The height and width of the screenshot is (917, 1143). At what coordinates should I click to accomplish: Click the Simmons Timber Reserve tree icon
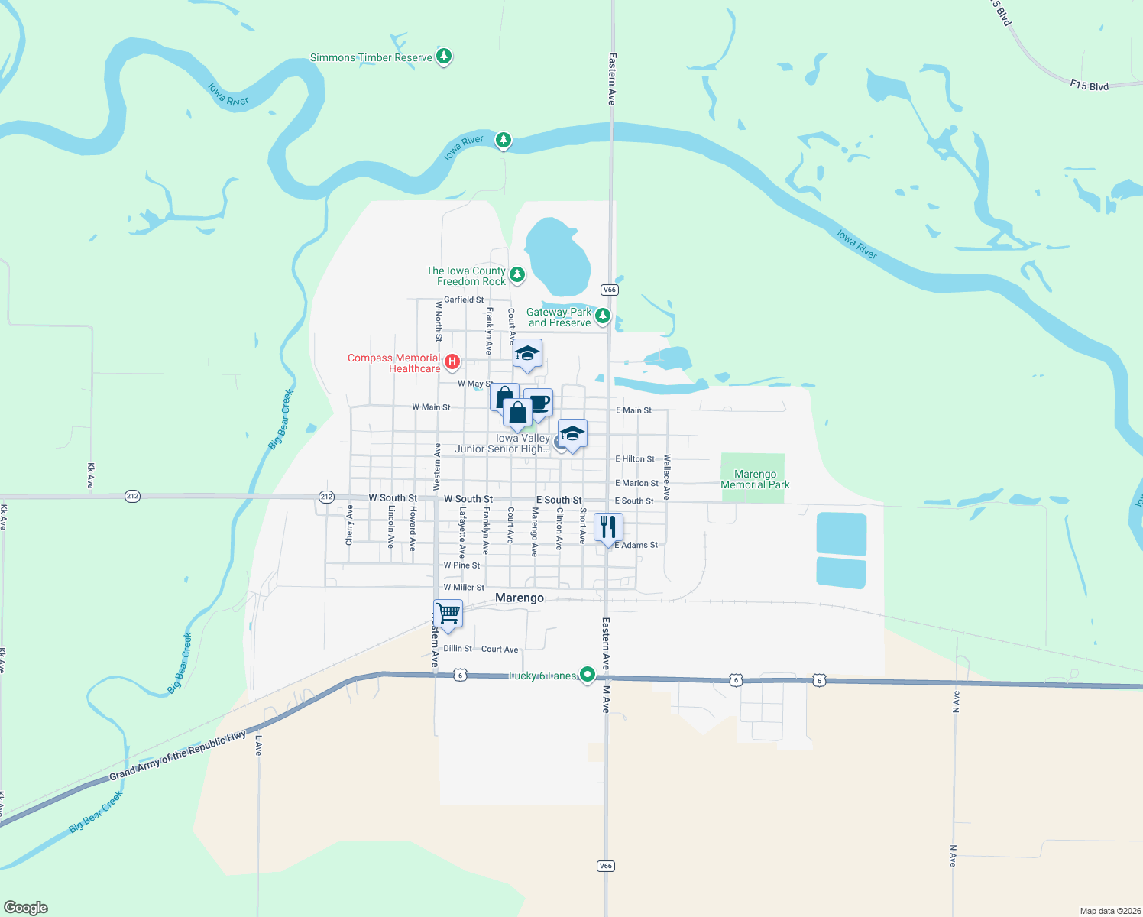pyautogui.click(x=444, y=57)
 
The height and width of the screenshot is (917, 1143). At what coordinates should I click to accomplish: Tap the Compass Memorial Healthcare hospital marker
pyautogui.click(x=452, y=361)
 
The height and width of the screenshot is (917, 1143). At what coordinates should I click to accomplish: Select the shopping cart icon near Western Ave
pyautogui.click(x=448, y=613)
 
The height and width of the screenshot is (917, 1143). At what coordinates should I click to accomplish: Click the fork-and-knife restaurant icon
pyautogui.click(x=608, y=527)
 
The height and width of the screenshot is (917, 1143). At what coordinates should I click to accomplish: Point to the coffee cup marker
pyautogui.click(x=539, y=402)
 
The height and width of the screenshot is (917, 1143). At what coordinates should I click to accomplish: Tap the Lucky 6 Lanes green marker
pyautogui.click(x=587, y=675)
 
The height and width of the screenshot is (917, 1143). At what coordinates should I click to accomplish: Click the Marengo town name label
pyautogui.click(x=520, y=598)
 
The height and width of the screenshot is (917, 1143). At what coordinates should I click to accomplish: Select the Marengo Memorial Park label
pyautogui.click(x=755, y=480)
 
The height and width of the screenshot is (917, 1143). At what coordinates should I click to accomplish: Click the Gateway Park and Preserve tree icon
pyautogui.click(x=603, y=315)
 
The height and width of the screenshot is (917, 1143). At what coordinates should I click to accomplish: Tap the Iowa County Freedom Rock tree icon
pyautogui.click(x=517, y=274)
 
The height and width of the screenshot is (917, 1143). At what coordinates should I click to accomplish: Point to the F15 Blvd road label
pyautogui.click(x=1089, y=86)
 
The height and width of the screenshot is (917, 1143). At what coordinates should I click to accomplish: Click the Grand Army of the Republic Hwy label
pyautogui.click(x=177, y=756)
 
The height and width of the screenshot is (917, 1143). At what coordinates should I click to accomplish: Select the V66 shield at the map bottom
pyautogui.click(x=605, y=866)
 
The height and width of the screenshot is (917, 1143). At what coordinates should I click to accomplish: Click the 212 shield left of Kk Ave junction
pyautogui.click(x=132, y=496)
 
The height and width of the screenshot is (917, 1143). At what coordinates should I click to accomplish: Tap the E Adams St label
pyautogui.click(x=636, y=545)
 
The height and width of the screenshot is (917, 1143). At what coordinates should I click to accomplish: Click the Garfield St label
pyautogui.click(x=464, y=300)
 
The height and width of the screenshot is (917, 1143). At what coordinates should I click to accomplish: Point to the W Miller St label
pyautogui.click(x=464, y=587)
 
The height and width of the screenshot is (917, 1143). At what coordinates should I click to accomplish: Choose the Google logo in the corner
pyautogui.click(x=26, y=908)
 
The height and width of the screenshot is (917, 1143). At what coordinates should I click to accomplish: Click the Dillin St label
pyautogui.click(x=458, y=648)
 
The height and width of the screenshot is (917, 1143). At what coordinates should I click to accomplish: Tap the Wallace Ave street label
pyautogui.click(x=667, y=477)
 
